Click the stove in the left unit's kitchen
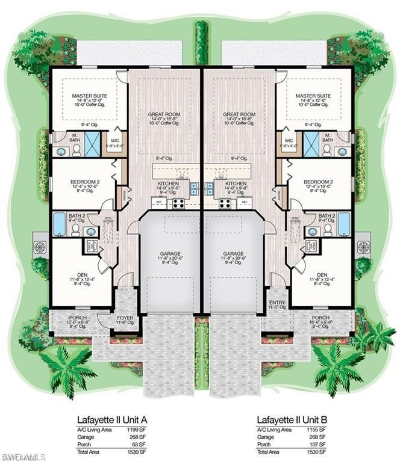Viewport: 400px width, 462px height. pos(179,203)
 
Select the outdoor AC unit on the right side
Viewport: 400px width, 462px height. pos(365,246)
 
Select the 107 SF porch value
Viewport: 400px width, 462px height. pos(319,444)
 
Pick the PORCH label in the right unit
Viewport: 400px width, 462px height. pos(320,318)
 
